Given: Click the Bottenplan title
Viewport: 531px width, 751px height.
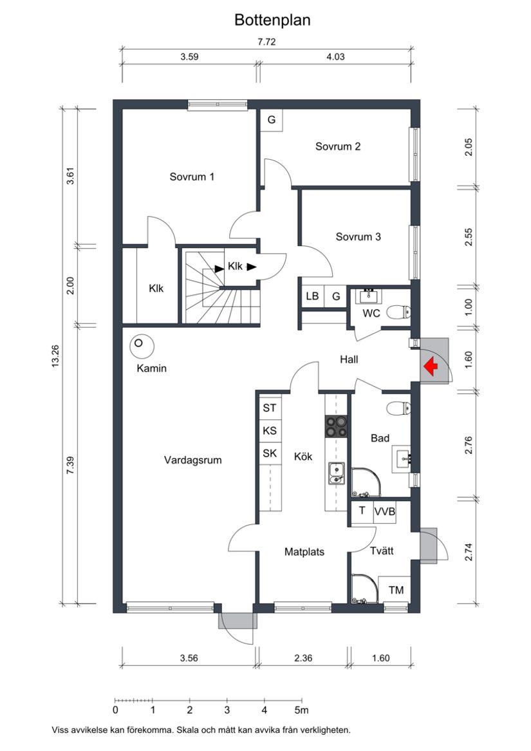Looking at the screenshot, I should (272, 21).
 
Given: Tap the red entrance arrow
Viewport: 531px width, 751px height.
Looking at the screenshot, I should (431, 366).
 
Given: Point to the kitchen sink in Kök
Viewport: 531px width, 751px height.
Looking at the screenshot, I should (336, 473).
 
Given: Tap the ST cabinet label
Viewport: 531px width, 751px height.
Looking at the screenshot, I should (270, 408).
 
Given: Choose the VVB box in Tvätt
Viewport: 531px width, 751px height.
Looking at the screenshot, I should (385, 511).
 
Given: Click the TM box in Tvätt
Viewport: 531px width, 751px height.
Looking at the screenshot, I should (396, 590).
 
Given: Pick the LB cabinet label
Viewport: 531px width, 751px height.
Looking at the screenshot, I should (313, 296).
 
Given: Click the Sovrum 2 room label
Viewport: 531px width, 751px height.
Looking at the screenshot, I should (338, 146).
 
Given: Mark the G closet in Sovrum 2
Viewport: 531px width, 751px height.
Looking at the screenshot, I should (272, 120).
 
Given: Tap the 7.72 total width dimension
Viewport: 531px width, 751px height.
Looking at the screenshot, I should (266, 42).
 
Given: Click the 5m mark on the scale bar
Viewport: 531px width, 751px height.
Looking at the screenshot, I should (302, 710).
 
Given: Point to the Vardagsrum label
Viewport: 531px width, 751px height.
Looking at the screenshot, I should (193, 460).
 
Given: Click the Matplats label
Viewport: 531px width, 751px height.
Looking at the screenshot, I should (304, 552).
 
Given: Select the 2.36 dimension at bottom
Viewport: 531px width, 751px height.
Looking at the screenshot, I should (303, 658).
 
